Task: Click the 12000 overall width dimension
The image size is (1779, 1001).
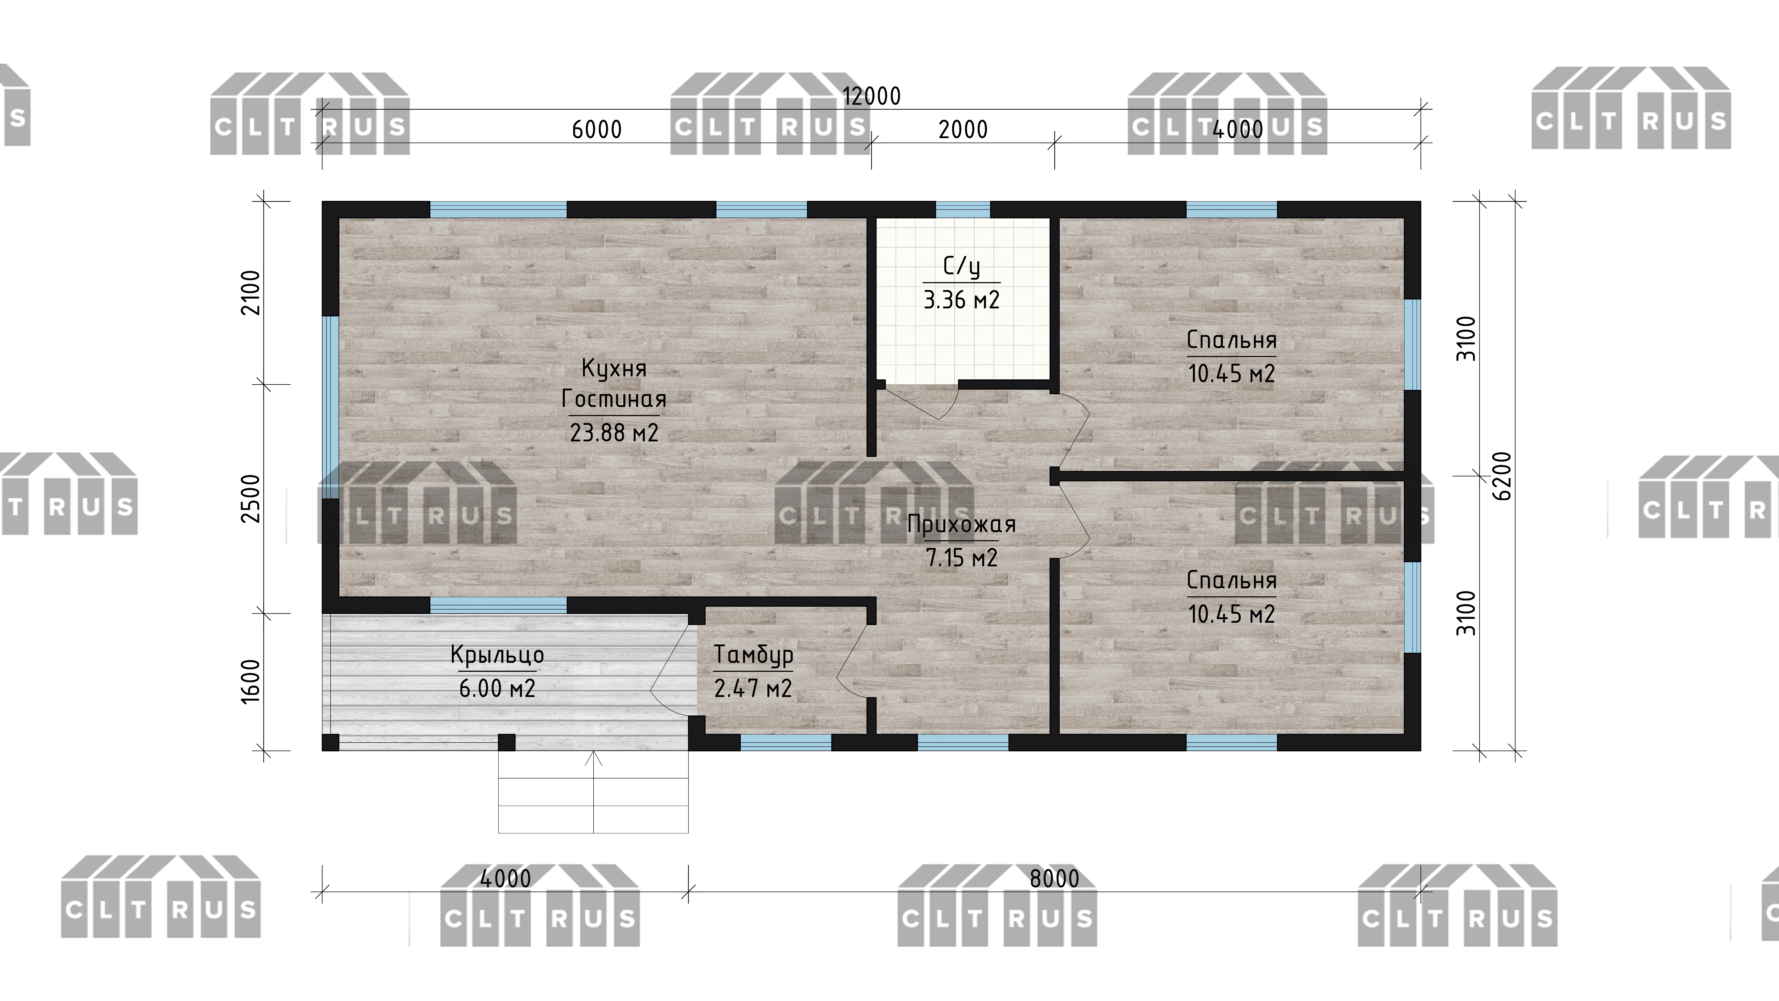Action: click(872, 96)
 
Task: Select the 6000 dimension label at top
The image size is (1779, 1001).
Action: click(597, 129)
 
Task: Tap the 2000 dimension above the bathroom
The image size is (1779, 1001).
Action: click(963, 129)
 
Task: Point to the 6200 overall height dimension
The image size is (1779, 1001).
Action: click(1501, 476)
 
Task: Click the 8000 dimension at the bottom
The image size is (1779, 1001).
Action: click(1054, 879)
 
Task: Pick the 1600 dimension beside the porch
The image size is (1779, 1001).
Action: click(250, 681)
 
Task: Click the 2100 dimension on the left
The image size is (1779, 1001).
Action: click(250, 293)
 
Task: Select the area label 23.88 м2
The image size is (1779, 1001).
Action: click(614, 433)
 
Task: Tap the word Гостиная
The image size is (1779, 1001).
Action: click(614, 399)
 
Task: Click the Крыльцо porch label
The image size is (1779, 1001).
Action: click(497, 655)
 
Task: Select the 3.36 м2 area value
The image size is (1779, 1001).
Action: click(961, 300)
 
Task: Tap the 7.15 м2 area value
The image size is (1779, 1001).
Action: click(961, 558)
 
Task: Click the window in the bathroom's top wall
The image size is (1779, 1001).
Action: click(963, 209)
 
